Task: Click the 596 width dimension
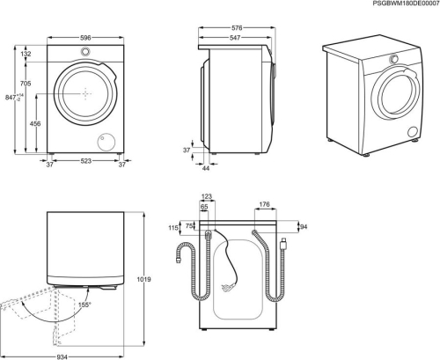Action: pyautogui.click(x=84, y=38)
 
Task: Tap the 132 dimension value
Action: pyautogui.click(x=26, y=55)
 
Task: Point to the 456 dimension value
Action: pyautogui.click(x=34, y=124)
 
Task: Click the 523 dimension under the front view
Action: pyautogui.click(x=84, y=162)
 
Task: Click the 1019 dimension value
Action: pyautogui.click(x=144, y=280)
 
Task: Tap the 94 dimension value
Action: pyautogui.click(x=303, y=227)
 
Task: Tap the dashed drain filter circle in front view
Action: pyautogui.click(x=107, y=140)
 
